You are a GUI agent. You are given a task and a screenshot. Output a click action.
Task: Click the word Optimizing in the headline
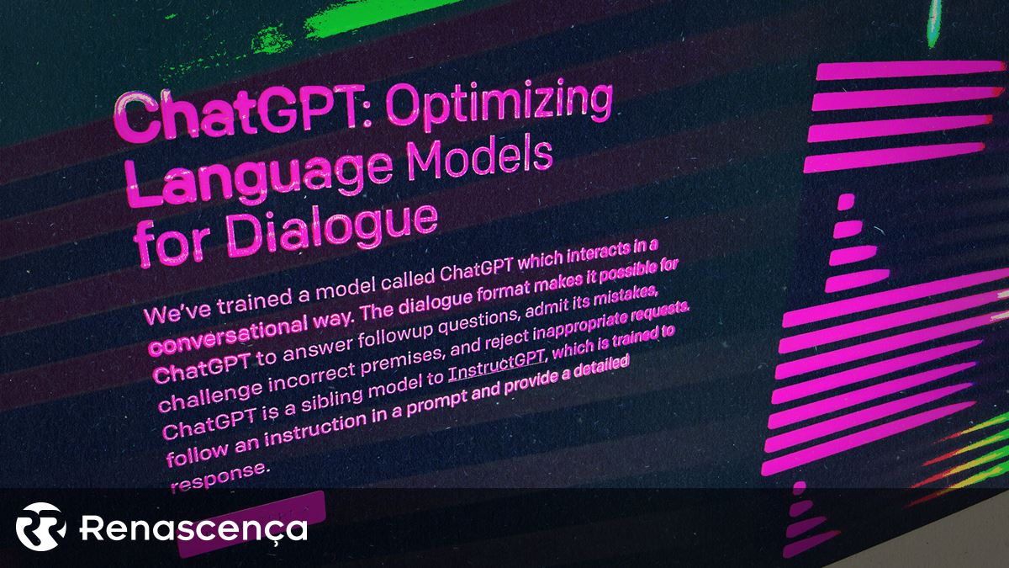tap(499, 104)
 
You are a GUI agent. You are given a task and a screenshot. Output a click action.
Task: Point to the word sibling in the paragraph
tap(331, 400)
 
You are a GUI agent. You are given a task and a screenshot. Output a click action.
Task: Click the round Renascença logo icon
tap(40, 527)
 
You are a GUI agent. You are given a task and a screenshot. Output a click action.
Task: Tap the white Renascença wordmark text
tap(193, 528)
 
